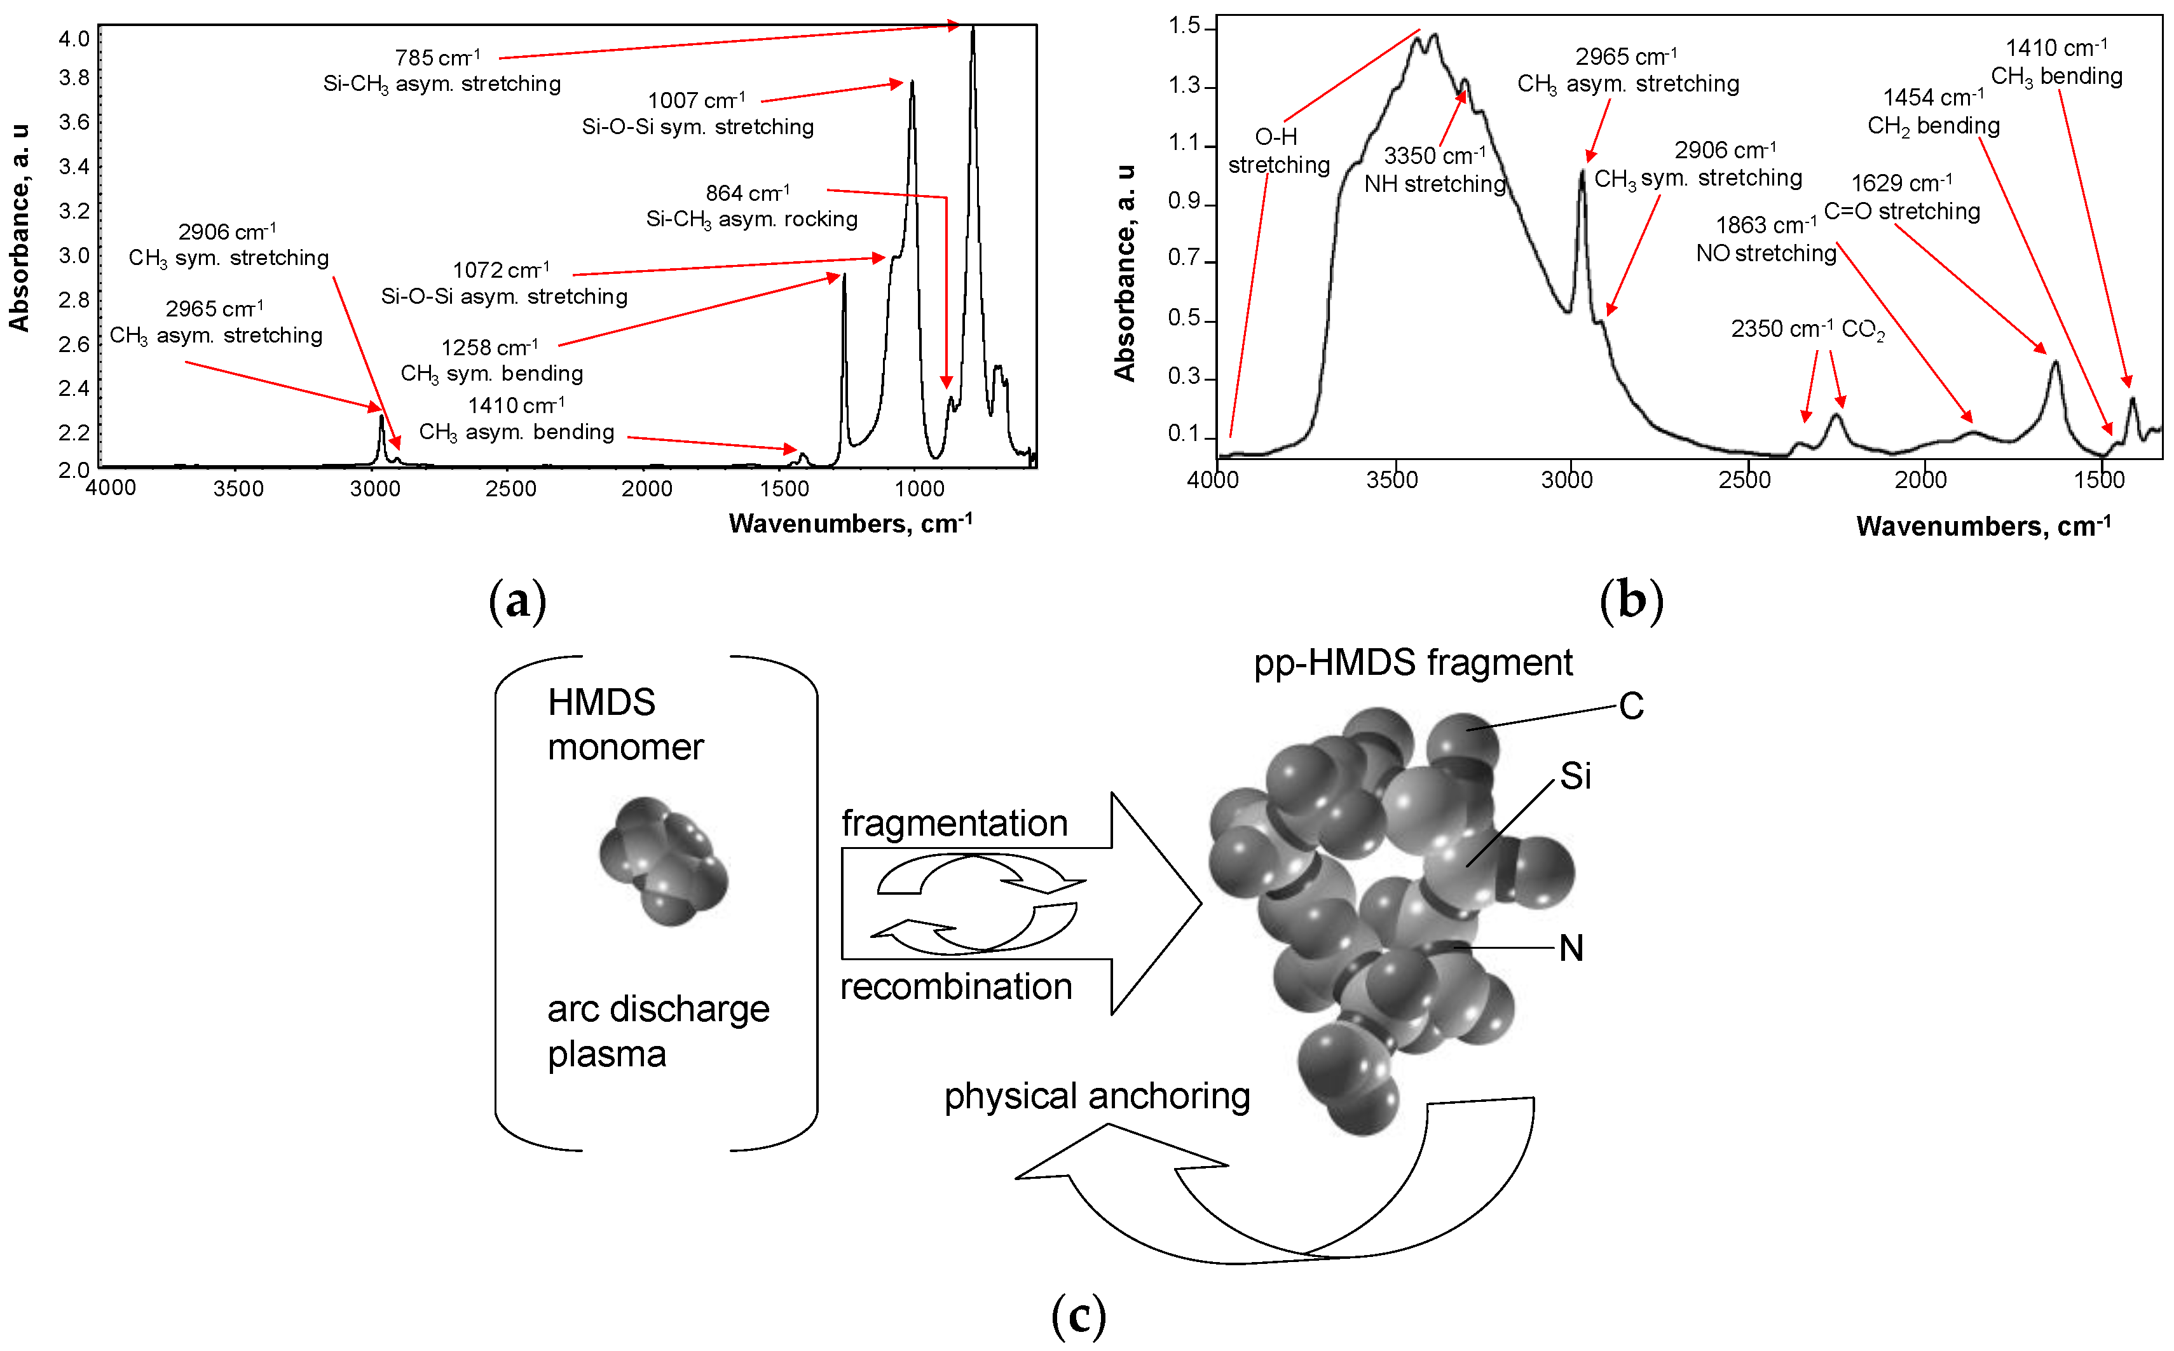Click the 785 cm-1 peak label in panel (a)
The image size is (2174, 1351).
pyautogui.click(x=441, y=71)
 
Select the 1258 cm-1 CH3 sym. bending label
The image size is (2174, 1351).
pyautogui.click(x=491, y=360)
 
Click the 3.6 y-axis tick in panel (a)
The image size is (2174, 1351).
pyautogui.click(x=74, y=121)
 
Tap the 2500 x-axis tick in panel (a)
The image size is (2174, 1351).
pyautogui.click(x=510, y=489)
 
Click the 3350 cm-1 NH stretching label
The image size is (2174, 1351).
pyautogui.click(x=1435, y=170)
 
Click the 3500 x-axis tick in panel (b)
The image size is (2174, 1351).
pyautogui.click(x=1392, y=480)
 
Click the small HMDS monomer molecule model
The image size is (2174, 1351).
pyautogui.click(x=664, y=861)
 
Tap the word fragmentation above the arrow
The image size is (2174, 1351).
pyautogui.click(x=954, y=823)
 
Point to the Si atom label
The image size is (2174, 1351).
pyautogui.click(x=1575, y=775)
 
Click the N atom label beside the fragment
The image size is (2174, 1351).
pyautogui.click(x=1571, y=949)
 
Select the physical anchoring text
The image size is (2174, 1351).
pyautogui.click(x=1097, y=1096)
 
